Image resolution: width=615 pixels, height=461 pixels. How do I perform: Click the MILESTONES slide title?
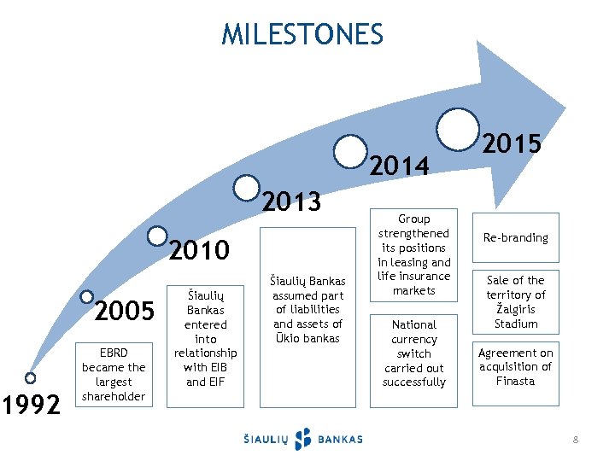click(302, 34)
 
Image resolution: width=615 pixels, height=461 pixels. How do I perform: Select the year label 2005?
click(124, 312)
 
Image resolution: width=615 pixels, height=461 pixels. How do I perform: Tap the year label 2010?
click(199, 250)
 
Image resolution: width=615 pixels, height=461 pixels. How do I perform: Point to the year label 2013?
click(291, 202)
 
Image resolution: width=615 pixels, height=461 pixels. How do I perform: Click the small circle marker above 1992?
click(31, 378)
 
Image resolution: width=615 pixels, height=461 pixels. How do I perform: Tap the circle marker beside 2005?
click(87, 297)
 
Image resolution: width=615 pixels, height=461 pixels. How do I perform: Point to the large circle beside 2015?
click(458, 127)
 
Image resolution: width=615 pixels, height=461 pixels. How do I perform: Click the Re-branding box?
click(516, 237)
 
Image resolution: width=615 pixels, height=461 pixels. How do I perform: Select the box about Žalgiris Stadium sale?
click(516, 302)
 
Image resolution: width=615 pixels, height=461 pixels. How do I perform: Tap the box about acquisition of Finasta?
click(516, 367)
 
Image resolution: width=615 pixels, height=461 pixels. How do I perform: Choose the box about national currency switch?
click(413, 353)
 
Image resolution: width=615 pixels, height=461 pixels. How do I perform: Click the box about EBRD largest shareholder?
click(114, 373)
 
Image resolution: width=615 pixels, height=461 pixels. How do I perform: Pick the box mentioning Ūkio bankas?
click(307, 309)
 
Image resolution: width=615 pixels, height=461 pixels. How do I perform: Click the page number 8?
click(576, 440)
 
